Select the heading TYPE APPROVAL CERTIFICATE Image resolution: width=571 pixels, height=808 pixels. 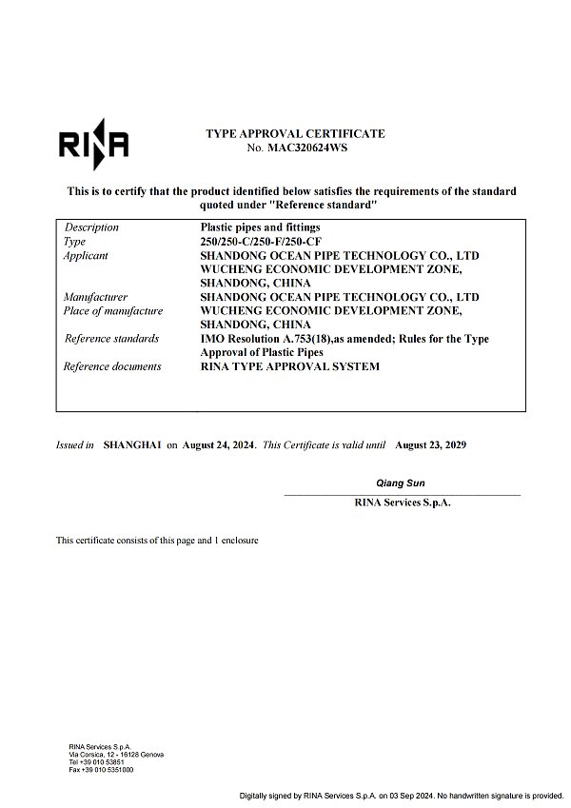[295, 134]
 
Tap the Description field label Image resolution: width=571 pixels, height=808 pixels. [91, 227]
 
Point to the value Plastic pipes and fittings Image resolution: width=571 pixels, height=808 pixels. [260, 227]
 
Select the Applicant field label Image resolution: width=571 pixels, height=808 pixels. [86, 256]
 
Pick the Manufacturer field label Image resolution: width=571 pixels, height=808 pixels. [95, 297]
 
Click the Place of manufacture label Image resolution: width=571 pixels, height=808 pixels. [112, 311]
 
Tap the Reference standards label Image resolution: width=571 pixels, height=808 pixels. [111, 339]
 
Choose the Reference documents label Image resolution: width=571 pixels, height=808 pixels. [112, 366]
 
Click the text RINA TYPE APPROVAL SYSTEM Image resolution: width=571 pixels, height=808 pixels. [289, 366]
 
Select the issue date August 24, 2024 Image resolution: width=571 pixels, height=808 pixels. [218, 444]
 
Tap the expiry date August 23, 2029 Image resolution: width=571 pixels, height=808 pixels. [430, 444]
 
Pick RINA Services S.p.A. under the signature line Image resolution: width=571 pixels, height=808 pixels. [402, 503]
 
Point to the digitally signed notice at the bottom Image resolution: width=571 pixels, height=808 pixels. [401, 795]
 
